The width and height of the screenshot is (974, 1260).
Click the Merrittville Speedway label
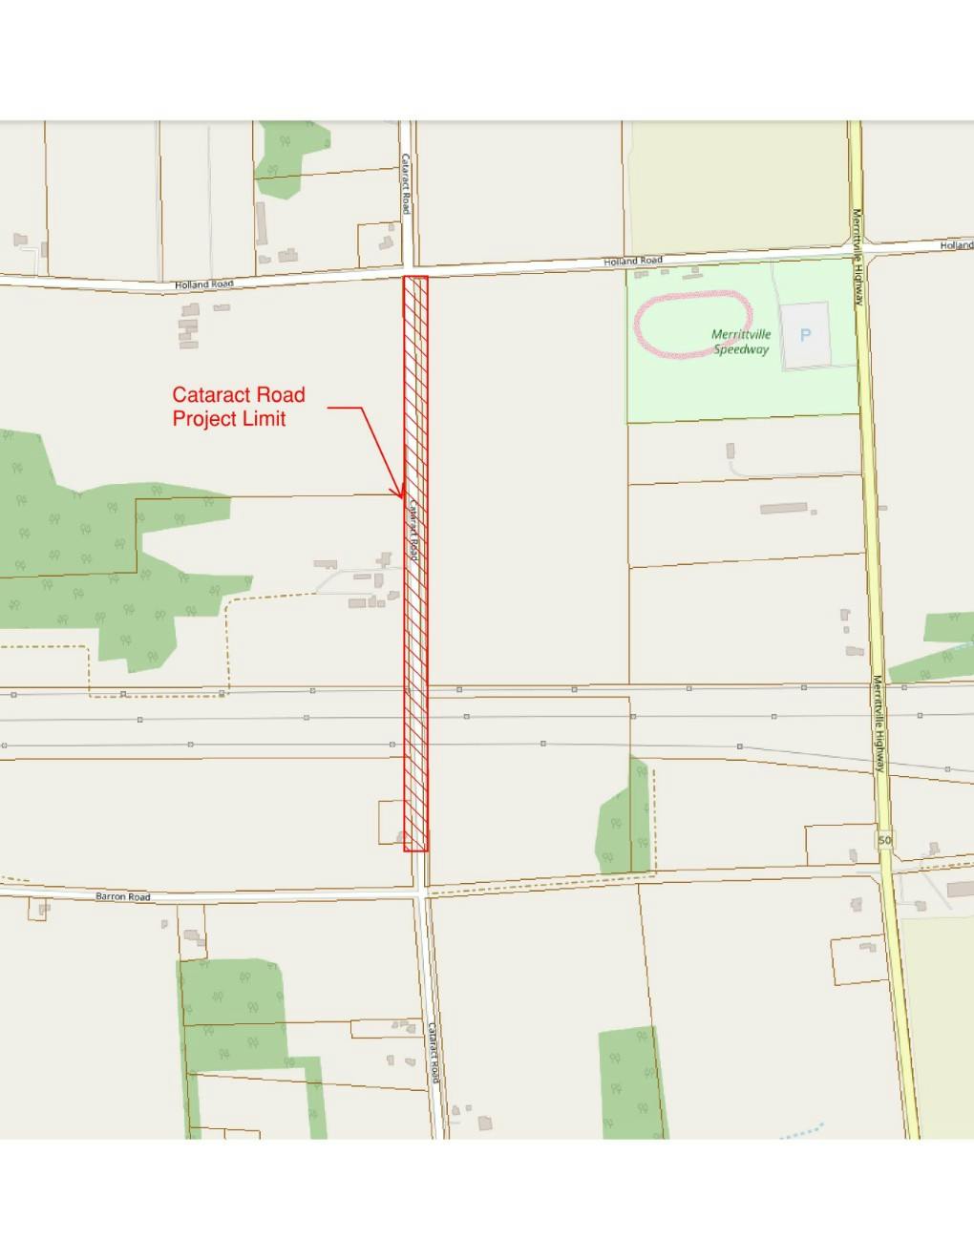[x=741, y=342]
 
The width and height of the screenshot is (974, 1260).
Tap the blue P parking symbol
[x=805, y=336]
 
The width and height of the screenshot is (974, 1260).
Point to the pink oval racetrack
[x=695, y=326]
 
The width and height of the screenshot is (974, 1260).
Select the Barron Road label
[x=123, y=897]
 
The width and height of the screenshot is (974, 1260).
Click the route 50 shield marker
[x=885, y=840]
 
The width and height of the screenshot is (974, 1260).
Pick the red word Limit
[x=264, y=419]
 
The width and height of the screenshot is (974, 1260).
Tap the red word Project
[x=204, y=419]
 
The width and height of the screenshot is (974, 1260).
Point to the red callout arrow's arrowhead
[x=401, y=494]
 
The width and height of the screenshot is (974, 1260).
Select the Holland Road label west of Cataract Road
[x=203, y=284]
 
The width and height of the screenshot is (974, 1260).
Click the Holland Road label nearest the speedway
[x=632, y=261]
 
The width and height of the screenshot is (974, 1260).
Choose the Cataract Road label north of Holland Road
[x=406, y=183]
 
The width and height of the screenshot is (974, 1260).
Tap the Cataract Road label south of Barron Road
[x=434, y=1052]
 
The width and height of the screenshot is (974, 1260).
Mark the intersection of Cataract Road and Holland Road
[x=409, y=270]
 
